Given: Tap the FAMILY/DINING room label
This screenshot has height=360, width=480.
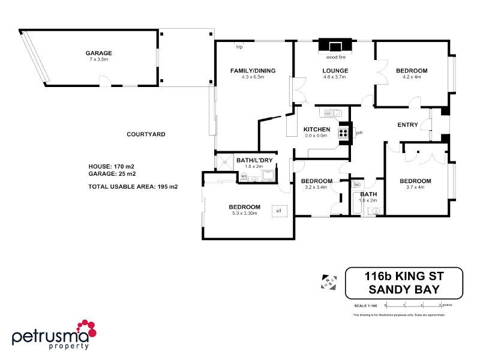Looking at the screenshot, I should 253,71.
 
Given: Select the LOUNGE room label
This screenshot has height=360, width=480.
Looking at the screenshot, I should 335,71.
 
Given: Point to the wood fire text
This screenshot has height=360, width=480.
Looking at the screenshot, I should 336,58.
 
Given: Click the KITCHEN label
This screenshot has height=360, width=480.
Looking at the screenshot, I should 316,130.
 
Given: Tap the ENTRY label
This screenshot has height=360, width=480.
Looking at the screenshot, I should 408,125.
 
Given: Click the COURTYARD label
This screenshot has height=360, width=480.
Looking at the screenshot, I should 146,134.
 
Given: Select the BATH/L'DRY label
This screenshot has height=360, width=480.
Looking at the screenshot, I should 254,160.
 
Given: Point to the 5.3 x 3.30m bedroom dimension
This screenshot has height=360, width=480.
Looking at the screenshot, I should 244,214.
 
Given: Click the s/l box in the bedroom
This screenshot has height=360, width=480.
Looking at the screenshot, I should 279,211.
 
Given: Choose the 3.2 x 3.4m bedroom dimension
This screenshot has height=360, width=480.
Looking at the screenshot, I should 316,187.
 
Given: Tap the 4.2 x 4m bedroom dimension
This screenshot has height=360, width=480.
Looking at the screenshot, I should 412,77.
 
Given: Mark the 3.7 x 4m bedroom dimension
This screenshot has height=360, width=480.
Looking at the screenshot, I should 415,187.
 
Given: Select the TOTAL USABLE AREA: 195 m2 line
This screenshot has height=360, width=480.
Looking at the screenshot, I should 133,187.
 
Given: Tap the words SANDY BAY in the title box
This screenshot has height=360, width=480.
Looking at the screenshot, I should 404,289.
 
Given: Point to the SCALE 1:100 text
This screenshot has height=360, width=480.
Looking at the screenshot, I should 365,307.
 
